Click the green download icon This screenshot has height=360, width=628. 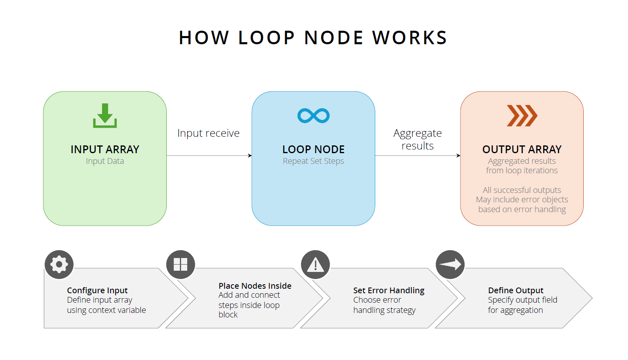pos(105,116)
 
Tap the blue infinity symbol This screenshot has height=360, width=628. pos(313,115)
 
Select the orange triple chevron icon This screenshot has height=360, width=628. pos(522,115)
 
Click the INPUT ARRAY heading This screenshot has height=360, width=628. pos(105,149)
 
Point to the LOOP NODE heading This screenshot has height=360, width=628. pos(313,149)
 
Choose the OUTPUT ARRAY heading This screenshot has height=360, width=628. pos(522,149)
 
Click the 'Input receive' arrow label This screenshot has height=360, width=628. pos(208,133)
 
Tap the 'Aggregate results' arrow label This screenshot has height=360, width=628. pos(417,139)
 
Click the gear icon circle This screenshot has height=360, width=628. pos(59,265)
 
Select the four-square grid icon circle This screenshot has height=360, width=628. pos(181,265)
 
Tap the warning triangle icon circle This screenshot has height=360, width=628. pos(315,265)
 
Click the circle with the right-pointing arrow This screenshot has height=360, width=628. pos(450,265)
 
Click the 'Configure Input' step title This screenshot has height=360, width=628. pos(97,290)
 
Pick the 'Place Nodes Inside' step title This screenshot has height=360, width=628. pos(255,286)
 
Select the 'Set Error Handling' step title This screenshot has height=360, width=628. pos(389,290)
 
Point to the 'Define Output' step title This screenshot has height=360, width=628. pos(515,290)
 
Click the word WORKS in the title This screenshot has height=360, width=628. pos(409,38)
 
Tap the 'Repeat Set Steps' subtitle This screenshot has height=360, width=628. pos(313,161)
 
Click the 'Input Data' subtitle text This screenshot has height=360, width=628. pos(105,161)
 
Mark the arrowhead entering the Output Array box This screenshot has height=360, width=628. pos(458,156)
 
